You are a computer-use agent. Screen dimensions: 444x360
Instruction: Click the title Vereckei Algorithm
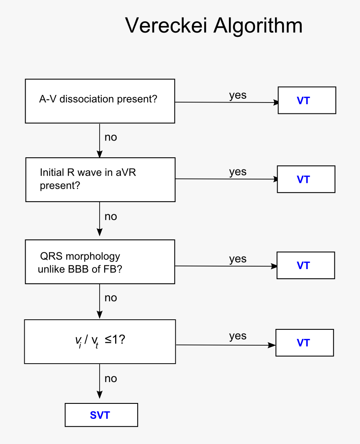213,26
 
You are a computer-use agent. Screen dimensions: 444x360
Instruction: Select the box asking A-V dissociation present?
100,101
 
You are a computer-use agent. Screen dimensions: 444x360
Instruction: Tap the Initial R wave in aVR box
100,180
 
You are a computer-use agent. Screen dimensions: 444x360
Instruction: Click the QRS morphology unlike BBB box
100,262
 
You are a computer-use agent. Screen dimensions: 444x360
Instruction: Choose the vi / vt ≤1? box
100,341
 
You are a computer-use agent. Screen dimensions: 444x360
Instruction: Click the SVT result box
101,415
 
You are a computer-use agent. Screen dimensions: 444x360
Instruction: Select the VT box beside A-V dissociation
307,100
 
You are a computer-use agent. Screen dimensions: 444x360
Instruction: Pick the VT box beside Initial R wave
306,179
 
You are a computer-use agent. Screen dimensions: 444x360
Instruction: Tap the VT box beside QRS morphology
306,265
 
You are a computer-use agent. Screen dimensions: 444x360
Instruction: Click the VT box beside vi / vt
304,343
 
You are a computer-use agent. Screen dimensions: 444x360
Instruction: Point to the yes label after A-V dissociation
238,95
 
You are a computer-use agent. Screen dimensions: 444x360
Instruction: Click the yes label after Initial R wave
238,172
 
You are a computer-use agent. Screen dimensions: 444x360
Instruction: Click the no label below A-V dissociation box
111,137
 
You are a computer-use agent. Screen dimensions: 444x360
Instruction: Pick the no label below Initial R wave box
111,216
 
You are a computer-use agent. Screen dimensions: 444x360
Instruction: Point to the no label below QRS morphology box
111,298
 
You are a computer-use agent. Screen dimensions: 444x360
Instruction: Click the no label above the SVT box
111,378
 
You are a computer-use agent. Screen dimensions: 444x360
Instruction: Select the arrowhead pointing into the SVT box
100,395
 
